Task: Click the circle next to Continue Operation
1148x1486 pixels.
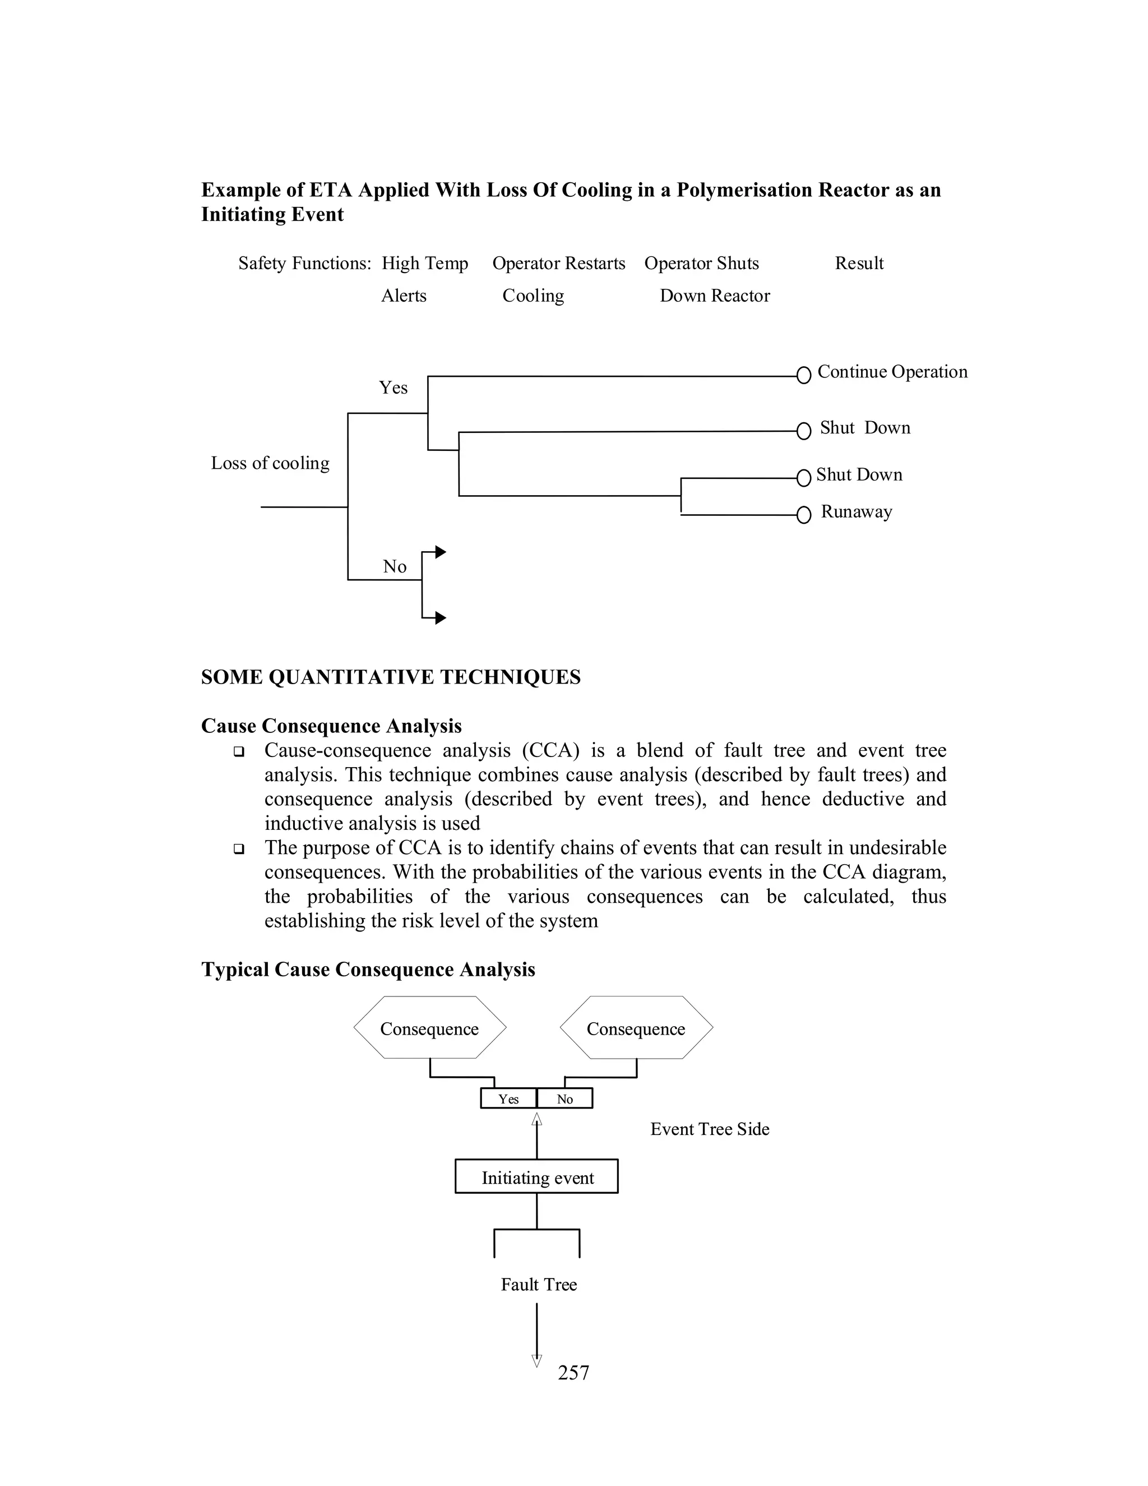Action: point(803,375)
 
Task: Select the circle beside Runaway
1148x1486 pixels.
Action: point(803,515)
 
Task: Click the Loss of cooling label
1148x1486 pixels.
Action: point(270,463)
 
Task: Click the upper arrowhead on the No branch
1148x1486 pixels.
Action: point(441,552)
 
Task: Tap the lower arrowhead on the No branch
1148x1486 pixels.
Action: point(441,618)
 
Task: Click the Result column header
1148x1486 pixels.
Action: point(859,264)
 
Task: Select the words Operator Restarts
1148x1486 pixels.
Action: point(558,264)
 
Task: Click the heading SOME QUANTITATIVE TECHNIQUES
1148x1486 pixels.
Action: point(390,677)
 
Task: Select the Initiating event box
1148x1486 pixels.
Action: point(536,1178)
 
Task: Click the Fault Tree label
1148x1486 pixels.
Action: point(539,1285)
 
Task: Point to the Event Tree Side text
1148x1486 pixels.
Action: point(709,1129)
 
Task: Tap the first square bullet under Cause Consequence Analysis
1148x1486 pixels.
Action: point(239,752)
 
